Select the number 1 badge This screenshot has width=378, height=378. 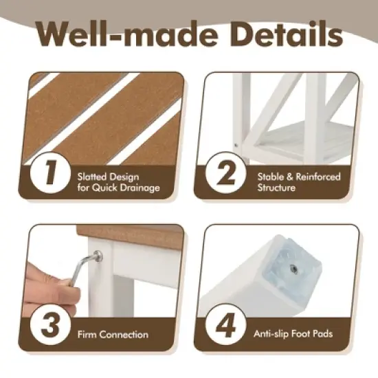point(49,173)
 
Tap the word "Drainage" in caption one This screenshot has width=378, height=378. point(141,187)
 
